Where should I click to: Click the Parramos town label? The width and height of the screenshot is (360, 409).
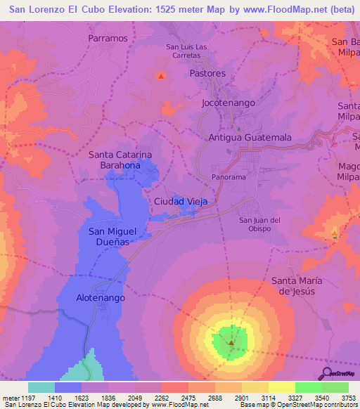[109, 38]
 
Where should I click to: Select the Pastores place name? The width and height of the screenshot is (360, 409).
[207, 73]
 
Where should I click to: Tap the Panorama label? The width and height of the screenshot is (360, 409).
[229, 177]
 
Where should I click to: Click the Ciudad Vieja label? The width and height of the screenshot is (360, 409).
[181, 202]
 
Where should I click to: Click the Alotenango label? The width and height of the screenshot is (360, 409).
[100, 298]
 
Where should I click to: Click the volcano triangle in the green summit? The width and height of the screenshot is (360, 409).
[231, 343]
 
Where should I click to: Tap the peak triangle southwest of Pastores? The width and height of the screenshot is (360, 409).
[161, 76]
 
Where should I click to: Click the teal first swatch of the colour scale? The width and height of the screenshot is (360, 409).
[41, 387]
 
